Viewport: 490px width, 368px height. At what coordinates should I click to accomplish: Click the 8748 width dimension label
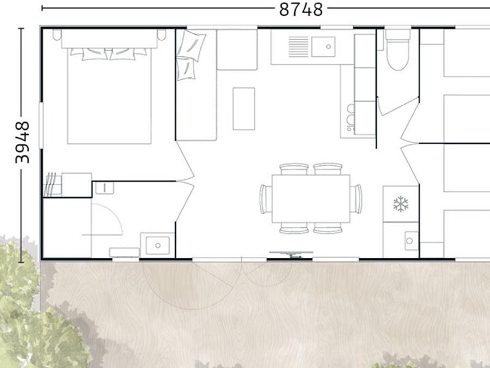[x=301, y=9]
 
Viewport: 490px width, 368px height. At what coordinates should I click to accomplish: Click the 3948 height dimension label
[x=22, y=142]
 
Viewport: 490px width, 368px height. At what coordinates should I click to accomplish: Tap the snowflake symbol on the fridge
[x=401, y=204]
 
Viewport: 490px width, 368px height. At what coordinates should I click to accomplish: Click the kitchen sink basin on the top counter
[x=323, y=47]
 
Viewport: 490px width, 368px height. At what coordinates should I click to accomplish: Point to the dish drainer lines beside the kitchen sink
[x=298, y=47]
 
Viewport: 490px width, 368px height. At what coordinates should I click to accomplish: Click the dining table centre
[x=311, y=198]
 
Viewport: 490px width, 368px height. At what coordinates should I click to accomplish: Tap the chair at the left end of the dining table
[x=266, y=199]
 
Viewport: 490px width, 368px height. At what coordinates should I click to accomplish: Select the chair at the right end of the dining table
[x=356, y=199]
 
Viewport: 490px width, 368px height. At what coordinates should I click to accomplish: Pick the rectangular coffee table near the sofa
[x=244, y=108]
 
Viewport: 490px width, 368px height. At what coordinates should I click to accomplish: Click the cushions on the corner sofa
[x=189, y=55]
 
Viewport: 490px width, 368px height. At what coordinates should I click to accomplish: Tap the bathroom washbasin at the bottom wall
[x=157, y=245]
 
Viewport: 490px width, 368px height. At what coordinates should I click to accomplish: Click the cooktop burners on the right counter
[x=351, y=118]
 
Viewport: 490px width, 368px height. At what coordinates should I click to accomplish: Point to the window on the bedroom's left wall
[x=41, y=125]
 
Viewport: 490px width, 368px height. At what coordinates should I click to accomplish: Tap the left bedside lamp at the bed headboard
[x=57, y=34]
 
